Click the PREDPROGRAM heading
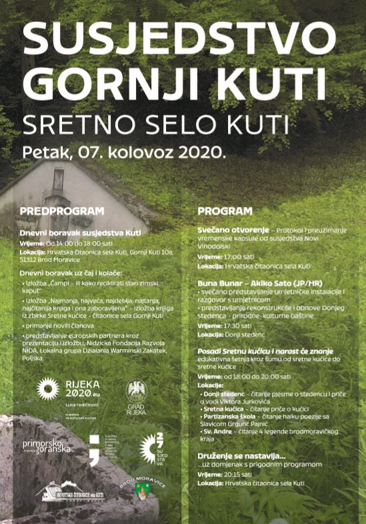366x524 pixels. click(x=62, y=211)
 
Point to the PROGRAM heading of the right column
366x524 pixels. click(x=225, y=212)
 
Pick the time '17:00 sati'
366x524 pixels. click(x=243, y=255)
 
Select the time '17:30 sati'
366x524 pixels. click(x=243, y=325)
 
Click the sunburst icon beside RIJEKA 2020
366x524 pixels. click(x=48, y=388)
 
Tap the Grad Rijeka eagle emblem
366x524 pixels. click(x=137, y=392)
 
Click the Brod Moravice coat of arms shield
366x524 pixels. click(x=141, y=493)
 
